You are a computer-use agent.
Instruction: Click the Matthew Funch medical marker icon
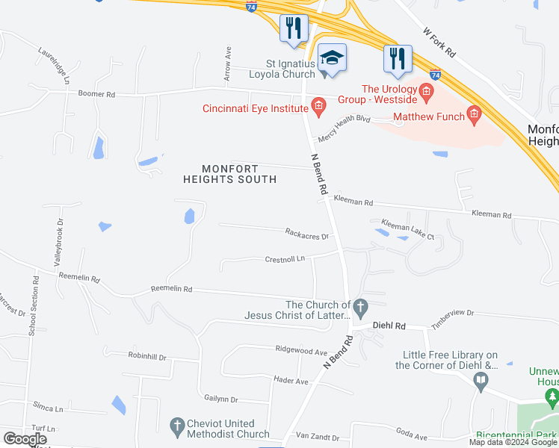[x=473, y=114]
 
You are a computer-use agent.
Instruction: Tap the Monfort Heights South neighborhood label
[x=230, y=174]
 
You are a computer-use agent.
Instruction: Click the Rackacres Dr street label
[x=306, y=234]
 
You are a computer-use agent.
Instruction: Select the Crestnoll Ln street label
[x=285, y=259]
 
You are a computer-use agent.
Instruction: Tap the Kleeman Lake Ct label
[x=407, y=229]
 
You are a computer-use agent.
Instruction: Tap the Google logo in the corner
[x=25, y=438]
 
